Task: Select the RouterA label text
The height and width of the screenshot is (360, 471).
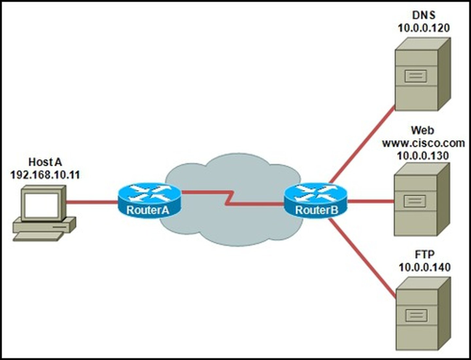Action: click(148, 210)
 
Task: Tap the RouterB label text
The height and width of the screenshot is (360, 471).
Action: click(317, 210)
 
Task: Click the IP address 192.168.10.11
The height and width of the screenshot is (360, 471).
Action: click(45, 175)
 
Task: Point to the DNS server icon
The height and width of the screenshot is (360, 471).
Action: click(423, 74)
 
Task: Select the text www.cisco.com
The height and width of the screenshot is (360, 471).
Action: click(423, 143)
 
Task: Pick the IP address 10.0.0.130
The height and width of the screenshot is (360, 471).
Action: click(423, 156)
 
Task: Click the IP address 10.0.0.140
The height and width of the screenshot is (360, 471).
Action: click(425, 267)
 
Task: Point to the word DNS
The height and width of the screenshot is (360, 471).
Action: click(424, 15)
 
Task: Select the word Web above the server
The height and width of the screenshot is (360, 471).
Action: click(423, 130)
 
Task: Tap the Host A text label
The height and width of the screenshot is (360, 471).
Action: click(45, 162)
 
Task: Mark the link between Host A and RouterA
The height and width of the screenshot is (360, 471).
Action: click(92, 202)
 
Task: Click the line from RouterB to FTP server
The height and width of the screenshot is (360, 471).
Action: click(362, 259)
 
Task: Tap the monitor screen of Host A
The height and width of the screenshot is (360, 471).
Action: click(41, 205)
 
